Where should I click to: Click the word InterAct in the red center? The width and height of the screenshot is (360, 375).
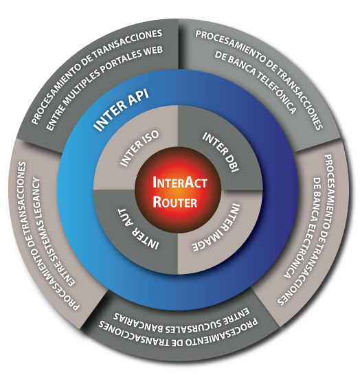pos(179,183)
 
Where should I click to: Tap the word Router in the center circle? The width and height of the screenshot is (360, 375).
pos(175,202)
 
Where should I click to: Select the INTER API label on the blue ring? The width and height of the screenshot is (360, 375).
pos(122,110)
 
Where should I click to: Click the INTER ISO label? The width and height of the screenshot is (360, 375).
pos(139,148)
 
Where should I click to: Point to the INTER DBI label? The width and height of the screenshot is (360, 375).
pos(221,152)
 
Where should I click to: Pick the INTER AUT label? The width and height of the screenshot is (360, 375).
pos(138,229)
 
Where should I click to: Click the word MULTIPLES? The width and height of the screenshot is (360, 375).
pos(81,88)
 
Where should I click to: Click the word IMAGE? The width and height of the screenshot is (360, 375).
pos(207,240)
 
